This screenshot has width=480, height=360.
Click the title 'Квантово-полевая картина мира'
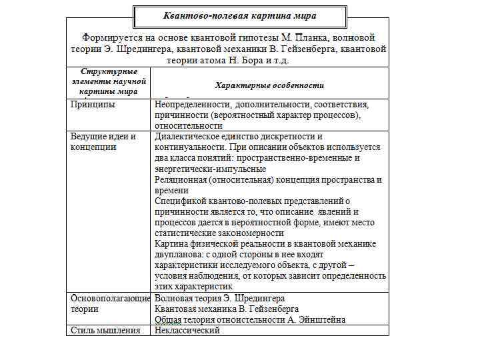point(240,15)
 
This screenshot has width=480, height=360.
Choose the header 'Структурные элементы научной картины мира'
point(108,81)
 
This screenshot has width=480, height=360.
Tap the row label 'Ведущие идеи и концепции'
point(103,141)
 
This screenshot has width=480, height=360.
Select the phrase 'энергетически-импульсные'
point(210,169)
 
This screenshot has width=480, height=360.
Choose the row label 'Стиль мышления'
point(105,330)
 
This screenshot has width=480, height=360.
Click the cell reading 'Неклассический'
point(187,330)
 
